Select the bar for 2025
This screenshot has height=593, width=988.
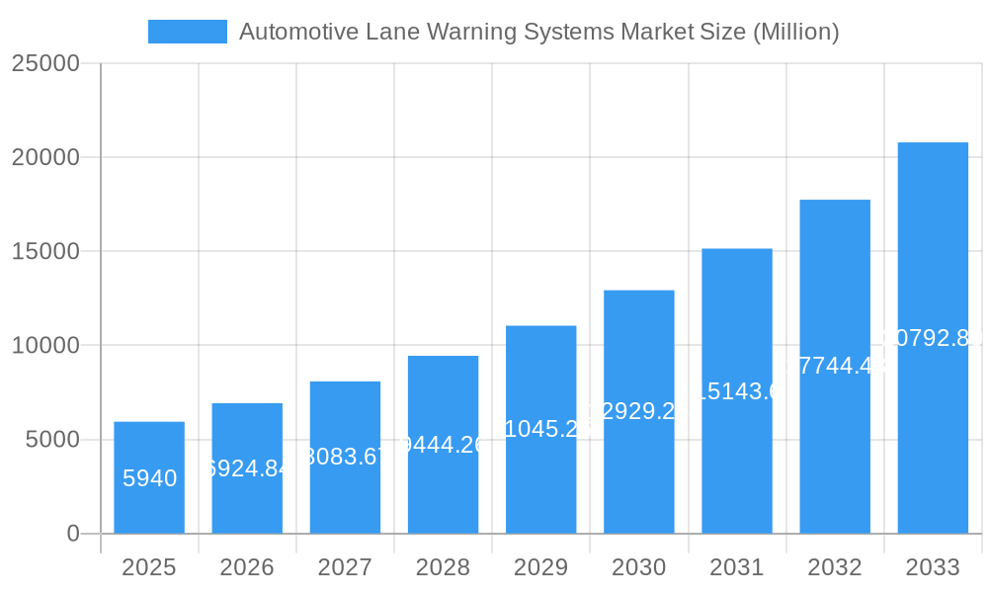pyautogui.click(x=149, y=477)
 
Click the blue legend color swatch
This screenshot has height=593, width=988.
pyautogui.click(x=188, y=32)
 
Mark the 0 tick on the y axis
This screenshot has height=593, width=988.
pyautogui.click(x=73, y=534)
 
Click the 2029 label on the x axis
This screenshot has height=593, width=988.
pyautogui.click(x=541, y=567)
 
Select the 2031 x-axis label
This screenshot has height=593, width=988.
pyautogui.click(x=737, y=567)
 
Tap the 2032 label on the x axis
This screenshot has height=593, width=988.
pyautogui.click(x=835, y=567)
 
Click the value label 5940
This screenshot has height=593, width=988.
pyautogui.click(x=150, y=479)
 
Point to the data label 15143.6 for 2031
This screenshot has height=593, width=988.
pyautogui.click(x=737, y=391)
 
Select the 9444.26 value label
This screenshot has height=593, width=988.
pyautogui.click(x=444, y=445)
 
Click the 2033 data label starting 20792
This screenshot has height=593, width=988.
pyautogui.click(x=933, y=338)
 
